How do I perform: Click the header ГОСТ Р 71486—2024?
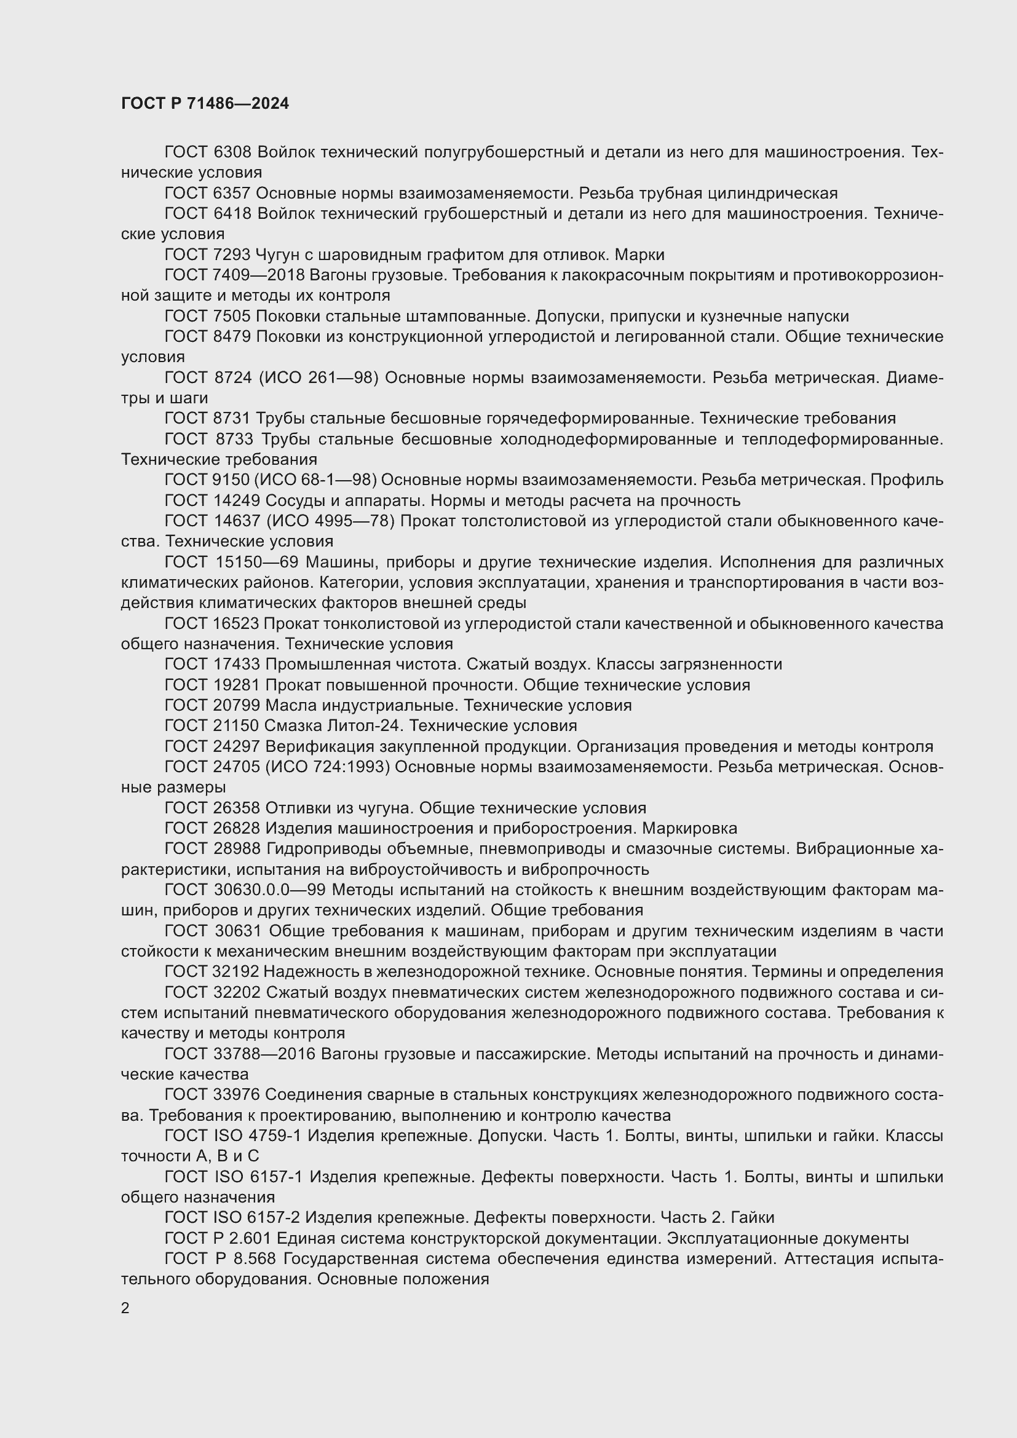[205, 103]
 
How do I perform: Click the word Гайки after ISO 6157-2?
[752, 1217]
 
